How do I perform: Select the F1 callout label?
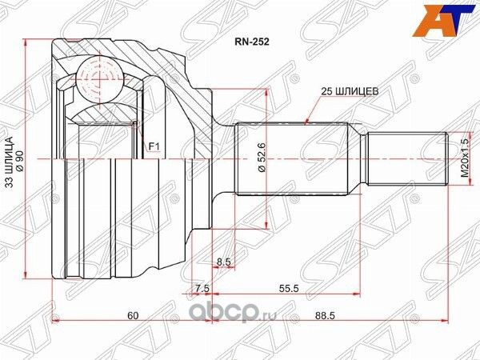[x=155, y=146]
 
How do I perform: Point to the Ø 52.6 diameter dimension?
[x=261, y=160]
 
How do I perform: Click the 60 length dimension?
[x=131, y=316]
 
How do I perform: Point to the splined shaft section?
[x=292, y=160]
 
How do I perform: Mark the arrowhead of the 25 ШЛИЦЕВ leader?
[x=308, y=122]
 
